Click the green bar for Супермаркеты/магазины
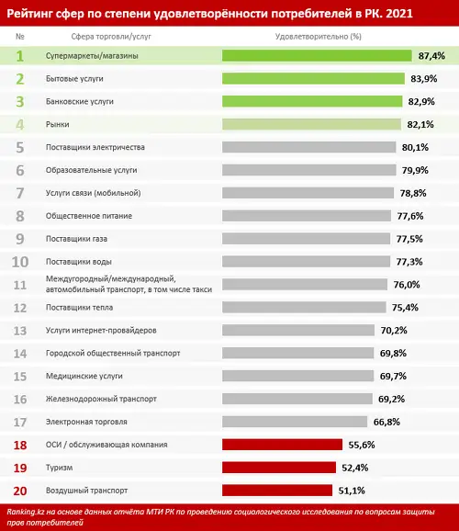coord(317,56)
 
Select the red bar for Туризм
coord(279,468)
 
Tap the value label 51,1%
coord(352,491)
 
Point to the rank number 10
coord(20,262)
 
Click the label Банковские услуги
coord(80,102)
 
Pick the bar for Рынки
coord(311,124)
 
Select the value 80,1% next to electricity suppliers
coord(415,147)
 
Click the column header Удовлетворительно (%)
coord(319,37)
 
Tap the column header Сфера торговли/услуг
coord(111,37)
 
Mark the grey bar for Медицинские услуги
coord(297,376)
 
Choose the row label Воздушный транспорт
coord(86,491)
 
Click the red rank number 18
coord(20,445)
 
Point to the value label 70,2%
coord(394,330)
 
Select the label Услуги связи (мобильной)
coord(93,193)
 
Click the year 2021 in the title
coord(399,14)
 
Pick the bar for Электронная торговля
coord(295,422)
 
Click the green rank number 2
coord(20,79)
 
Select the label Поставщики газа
coord(76,239)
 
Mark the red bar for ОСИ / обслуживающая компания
coord(283,445)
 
